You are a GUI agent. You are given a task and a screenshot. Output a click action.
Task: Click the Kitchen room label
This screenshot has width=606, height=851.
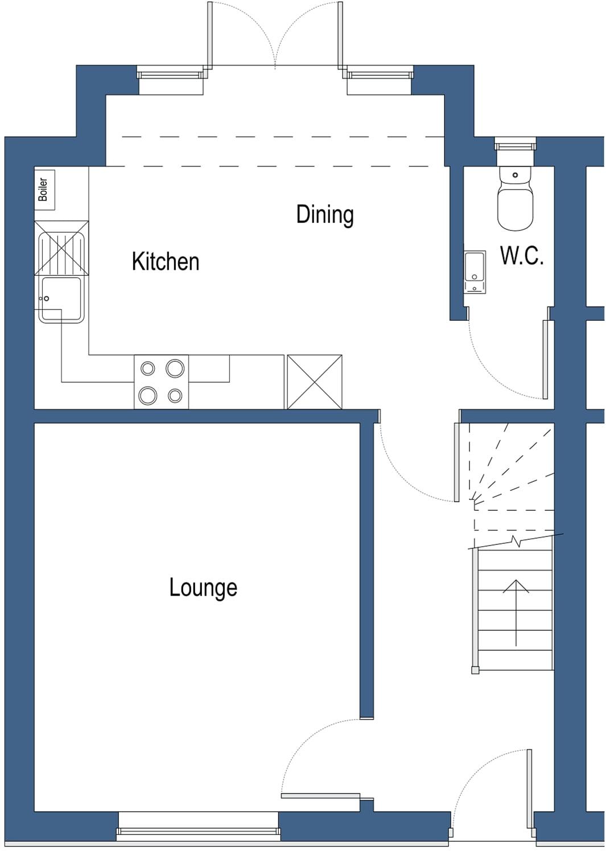(165, 262)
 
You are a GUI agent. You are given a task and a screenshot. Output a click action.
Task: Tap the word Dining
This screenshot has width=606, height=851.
(325, 215)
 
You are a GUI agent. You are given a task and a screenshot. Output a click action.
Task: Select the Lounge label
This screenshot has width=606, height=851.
(203, 588)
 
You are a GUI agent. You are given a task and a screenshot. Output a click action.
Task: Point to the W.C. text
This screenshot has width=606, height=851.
(522, 256)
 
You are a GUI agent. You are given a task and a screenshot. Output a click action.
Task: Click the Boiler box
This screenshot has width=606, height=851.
(44, 189)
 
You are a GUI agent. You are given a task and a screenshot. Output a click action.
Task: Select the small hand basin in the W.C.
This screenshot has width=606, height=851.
(475, 272)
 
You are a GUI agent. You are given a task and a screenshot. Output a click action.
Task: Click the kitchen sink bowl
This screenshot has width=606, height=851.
(61, 299)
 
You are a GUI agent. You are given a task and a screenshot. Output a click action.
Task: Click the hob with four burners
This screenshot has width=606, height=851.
(162, 382)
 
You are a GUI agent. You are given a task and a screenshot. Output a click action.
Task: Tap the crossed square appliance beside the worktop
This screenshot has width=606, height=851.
(315, 382)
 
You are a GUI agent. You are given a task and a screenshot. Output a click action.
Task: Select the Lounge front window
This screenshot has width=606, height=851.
(198, 832)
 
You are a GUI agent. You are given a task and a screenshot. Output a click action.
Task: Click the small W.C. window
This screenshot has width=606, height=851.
(515, 144)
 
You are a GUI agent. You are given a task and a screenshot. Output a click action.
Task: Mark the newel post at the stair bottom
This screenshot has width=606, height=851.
(475, 670)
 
